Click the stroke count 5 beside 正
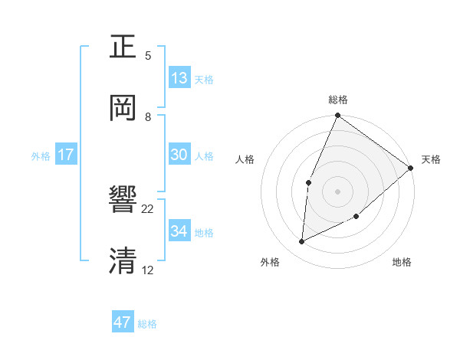(x=148, y=56)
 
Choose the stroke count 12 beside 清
(x=148, y=270)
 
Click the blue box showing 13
(x=179, y=78)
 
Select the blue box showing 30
(x=179, y=155)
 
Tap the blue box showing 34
(x=179, y=231)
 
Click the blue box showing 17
(x=66, y=155)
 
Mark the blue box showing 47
(x=123, y=322)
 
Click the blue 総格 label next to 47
(x=147, y=324)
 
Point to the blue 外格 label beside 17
(x=41, y=156)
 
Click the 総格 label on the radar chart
(x=338, y=100)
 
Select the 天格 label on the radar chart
(x=431, y=159)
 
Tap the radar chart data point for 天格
(x=411, y=168)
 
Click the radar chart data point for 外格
(x=302, y=241)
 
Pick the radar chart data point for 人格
(x=308, y=182)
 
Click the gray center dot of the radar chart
(x=338, y=191)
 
